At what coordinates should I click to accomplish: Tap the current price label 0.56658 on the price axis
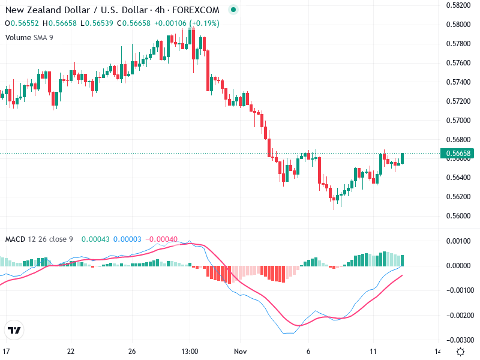point(459,153)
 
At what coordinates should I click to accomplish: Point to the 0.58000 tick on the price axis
point(458,25)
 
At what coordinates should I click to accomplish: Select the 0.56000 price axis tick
point(458,216)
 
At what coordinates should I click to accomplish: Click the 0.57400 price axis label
point(458,82)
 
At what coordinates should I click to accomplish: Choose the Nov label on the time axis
point(241,351)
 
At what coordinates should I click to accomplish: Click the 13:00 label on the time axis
point(190,351)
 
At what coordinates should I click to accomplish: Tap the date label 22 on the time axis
point(71,351)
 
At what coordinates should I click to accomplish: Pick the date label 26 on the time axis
point(133,351)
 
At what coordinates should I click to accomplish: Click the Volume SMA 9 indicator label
point(29,37)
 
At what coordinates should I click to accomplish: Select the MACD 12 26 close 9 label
point(39,239)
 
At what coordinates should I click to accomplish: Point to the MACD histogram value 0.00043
point(93,239)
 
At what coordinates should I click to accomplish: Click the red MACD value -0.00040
point(162,239)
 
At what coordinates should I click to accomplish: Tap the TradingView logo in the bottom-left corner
point(14,330)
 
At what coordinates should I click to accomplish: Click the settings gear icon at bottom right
point(460,351)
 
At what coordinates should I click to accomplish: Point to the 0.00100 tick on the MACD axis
point(458,241)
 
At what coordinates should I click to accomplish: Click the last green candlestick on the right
point(402,158)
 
